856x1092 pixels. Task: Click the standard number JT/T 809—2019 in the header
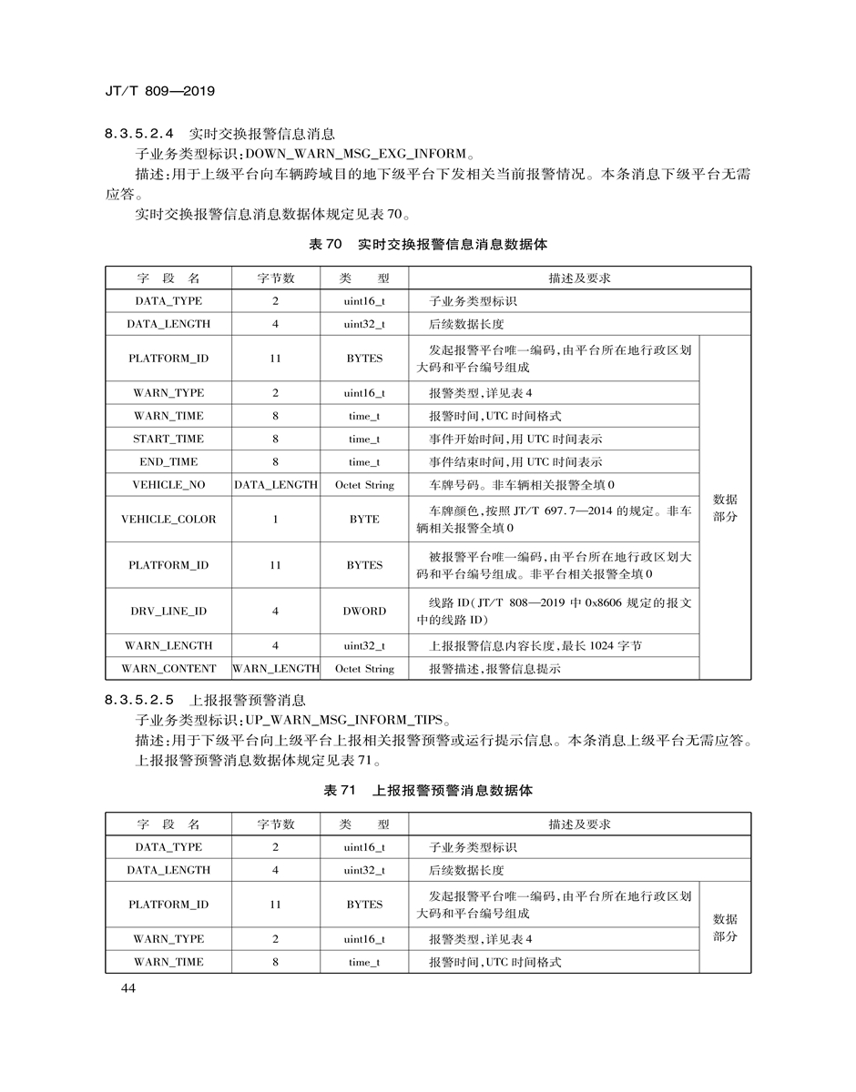click(159, 92)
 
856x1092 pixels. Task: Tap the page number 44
click(127, 990)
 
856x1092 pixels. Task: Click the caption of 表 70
click(427, 245)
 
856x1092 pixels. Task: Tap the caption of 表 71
click(428, 791)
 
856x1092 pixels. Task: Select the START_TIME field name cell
click(168, 439)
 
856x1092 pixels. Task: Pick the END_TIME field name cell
click(168, 461)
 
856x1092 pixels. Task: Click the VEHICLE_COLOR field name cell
click(168, 519)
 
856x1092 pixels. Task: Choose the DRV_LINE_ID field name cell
click(168, 611)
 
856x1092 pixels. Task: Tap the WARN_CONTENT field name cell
click(168, 668)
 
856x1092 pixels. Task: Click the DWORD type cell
click(364, 611)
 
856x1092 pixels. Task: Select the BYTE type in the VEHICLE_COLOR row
click(364, 519)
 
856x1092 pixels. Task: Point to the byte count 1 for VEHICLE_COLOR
click(275, 519)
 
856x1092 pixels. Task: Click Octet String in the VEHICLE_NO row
click(364, 485)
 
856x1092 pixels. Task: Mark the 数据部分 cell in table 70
click(725, 508)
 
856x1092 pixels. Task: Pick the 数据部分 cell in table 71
click(725, 927)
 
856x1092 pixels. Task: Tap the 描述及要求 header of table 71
click(579, 824)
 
